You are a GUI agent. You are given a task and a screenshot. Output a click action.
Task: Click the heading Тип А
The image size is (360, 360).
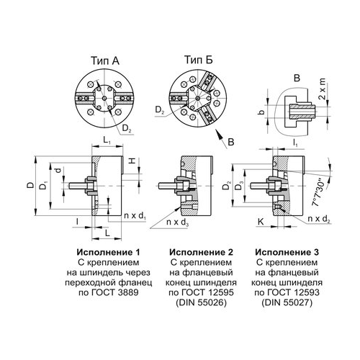105,61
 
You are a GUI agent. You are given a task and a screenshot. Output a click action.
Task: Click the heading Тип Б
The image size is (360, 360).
198,60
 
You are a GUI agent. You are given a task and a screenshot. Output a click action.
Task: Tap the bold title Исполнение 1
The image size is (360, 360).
108,252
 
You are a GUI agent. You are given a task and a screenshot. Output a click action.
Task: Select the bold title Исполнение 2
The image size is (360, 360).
201,252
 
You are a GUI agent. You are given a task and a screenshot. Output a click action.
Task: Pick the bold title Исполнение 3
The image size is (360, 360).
287,252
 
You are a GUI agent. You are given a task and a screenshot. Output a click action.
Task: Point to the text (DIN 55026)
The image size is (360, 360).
201,303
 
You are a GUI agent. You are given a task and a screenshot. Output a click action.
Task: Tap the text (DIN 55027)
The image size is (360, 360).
287,303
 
